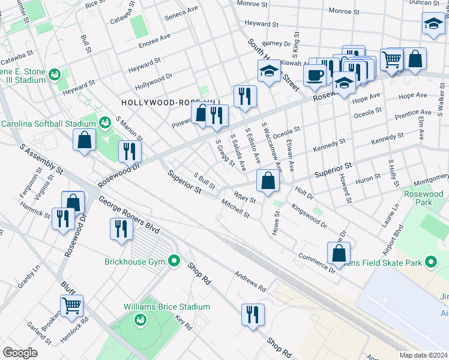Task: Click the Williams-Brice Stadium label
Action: (167, 307)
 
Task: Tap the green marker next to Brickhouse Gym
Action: (174, 261)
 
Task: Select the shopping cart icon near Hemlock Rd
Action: (71, 305)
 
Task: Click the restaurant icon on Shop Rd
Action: (252, 314)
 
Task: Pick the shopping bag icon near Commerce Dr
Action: (339, 253)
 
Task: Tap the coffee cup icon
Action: (314, 76)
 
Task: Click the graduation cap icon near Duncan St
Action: (433, 24)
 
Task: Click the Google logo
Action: (20, 352)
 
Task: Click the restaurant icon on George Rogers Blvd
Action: (121, 229)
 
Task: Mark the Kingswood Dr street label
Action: (309, 216)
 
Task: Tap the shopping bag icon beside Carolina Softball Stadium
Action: (85, 140)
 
